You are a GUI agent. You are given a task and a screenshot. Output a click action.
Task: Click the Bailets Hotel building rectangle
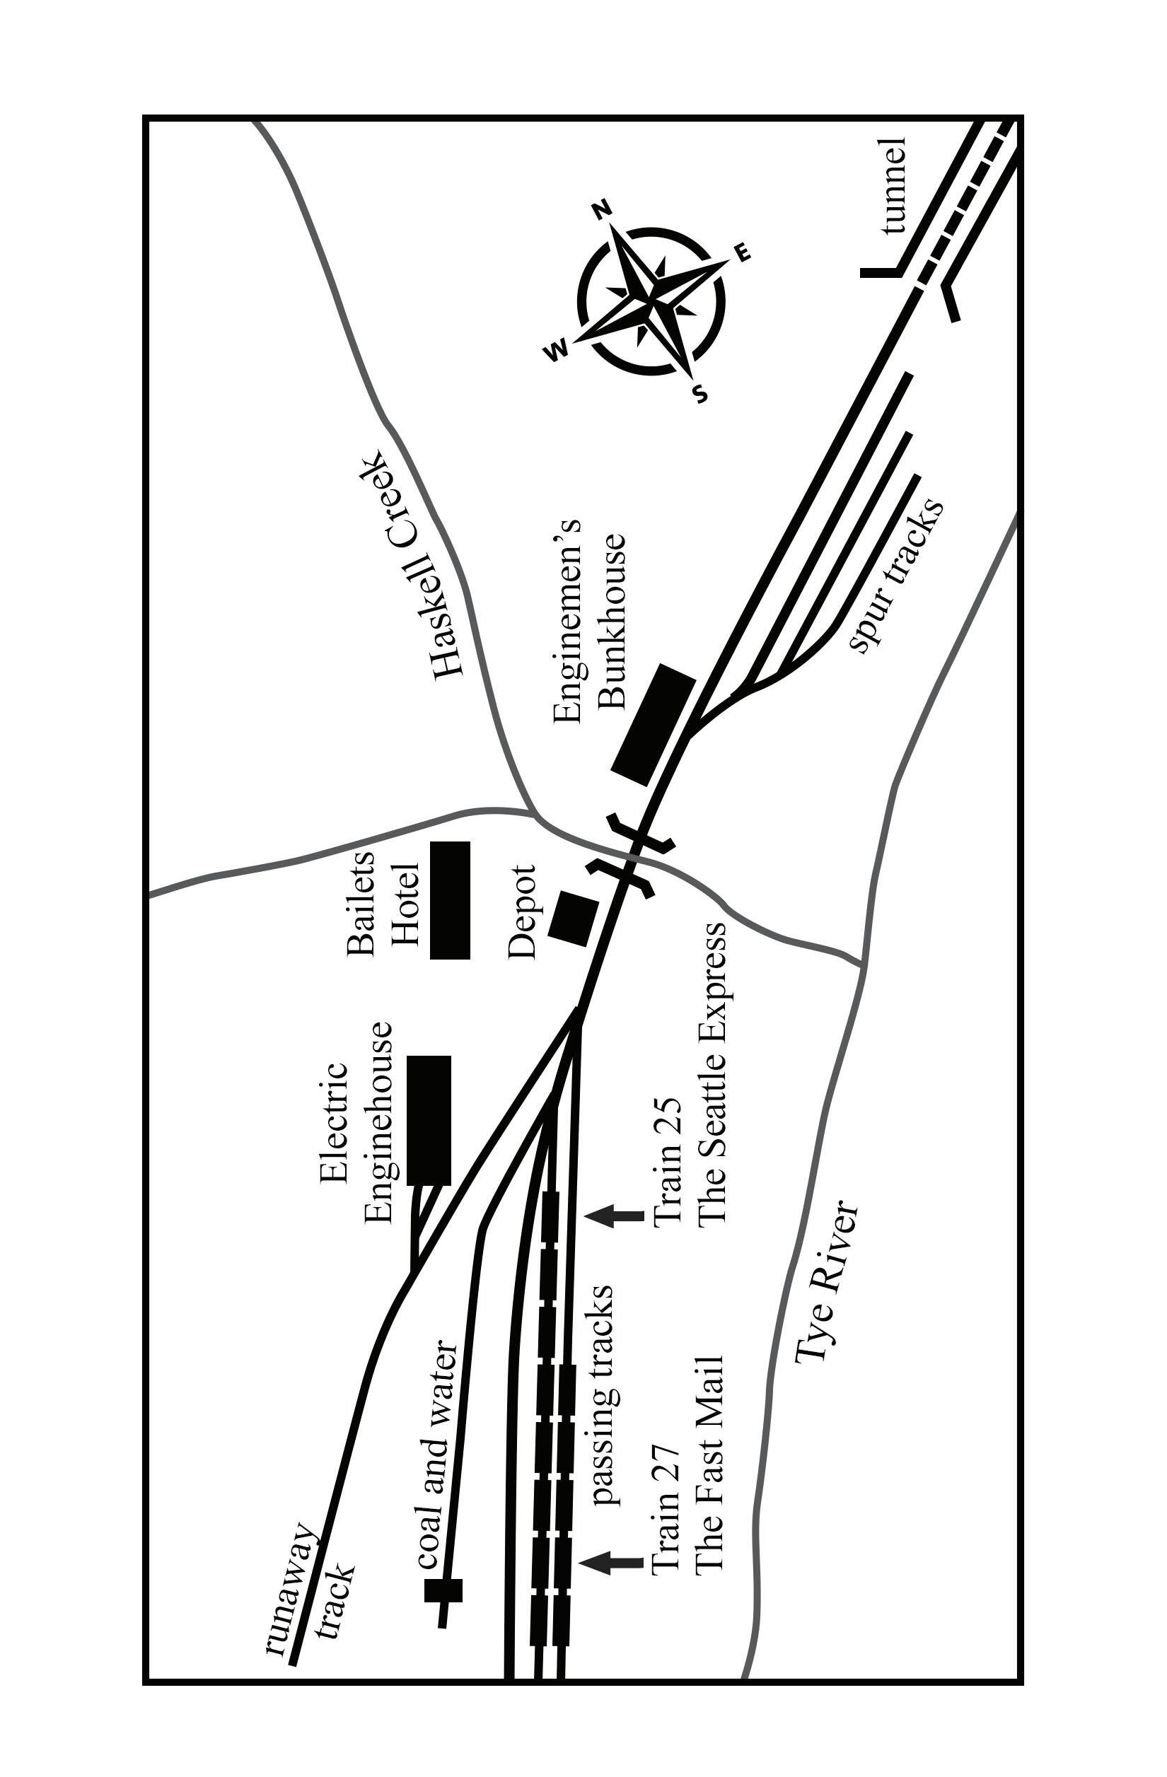pos(450,899)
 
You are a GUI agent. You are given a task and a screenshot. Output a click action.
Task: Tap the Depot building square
pos(574,919)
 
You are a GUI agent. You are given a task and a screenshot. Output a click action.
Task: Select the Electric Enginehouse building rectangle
pos(429,1119)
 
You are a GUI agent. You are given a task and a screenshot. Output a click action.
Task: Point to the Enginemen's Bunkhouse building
pos(654,723)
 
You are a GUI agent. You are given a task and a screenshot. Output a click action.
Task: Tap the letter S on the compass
pos(700,395)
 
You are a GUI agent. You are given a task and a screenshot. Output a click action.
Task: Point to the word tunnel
pos(893,186)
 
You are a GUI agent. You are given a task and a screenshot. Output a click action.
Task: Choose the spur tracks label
pos(897,575)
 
